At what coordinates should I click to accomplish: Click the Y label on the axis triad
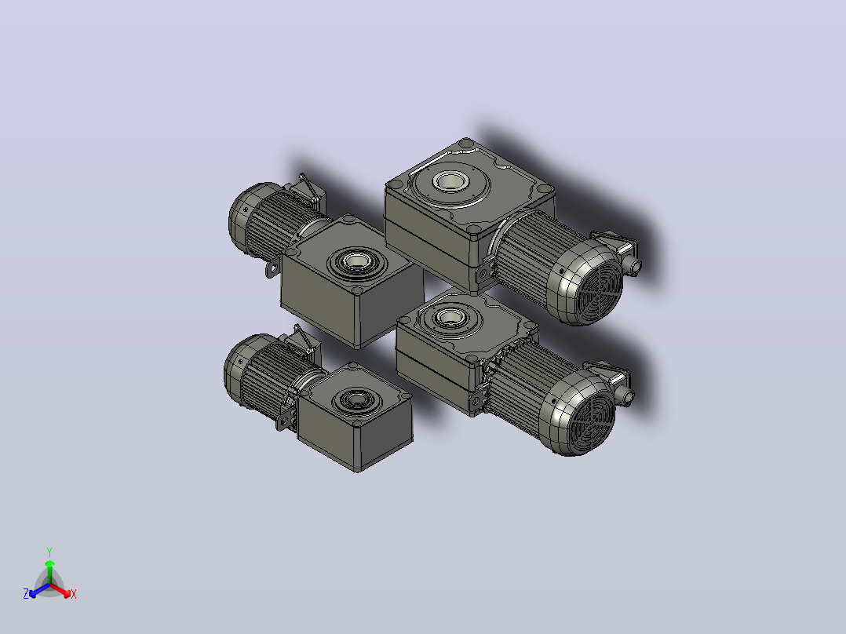coord(49,552)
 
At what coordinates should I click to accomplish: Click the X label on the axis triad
coord(74,594)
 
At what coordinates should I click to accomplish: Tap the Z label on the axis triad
coord(25,594)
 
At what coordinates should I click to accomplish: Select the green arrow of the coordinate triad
coord(49,572)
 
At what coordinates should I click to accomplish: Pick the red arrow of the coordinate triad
coord(60,590)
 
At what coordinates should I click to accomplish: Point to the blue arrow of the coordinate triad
coord(39,590)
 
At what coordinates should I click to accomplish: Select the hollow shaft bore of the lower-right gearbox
coord(447,317)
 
